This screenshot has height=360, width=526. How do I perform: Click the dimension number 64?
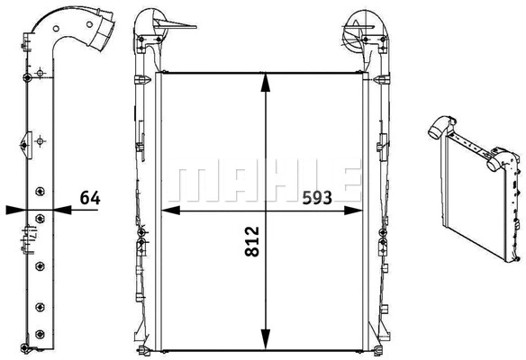[89, 197]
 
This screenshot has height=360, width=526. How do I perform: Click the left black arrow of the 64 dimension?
[14, 211]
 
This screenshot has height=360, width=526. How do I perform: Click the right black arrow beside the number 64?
[63, 211]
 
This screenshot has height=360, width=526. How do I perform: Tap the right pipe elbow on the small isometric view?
[501, 163]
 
